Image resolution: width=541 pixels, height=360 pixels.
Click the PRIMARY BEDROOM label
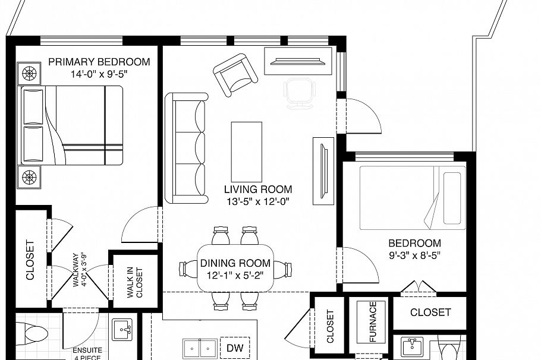coord(99,62)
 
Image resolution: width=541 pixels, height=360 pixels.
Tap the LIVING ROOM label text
coord(258,190)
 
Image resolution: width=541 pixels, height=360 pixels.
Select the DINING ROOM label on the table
coord(235,263)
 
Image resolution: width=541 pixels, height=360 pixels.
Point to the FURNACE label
coord(373,321)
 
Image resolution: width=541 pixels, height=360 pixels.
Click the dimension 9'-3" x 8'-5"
coord(414,256)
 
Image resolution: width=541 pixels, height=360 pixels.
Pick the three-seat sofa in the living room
coord(185,148)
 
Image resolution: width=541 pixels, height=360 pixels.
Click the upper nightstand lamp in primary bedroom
coord(30,74)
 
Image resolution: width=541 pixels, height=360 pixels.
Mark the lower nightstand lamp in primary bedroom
coord(30,176)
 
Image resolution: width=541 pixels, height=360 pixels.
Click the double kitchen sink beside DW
coord(199,348)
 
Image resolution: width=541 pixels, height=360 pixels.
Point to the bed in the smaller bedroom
coord(411,195)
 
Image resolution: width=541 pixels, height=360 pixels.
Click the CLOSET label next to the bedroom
coord(430,312)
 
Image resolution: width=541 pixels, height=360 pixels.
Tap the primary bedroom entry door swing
coord(141,225)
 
